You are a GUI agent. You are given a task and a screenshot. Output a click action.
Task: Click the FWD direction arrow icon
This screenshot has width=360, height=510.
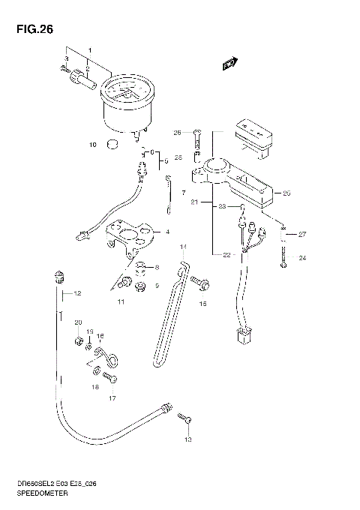pos(230,65)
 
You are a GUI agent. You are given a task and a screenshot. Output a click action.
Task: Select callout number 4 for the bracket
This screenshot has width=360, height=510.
pos(167,232)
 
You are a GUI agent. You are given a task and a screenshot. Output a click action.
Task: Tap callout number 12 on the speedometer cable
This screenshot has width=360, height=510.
pos(76,292)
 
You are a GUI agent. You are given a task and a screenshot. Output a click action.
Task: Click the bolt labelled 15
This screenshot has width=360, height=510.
pos(199,283)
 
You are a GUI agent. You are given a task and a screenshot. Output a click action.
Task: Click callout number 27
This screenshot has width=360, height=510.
pos(302,234)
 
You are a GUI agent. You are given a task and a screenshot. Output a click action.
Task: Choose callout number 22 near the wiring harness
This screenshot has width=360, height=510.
pos(226,255)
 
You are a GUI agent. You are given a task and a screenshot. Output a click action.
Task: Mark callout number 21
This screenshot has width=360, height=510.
pos(193,202)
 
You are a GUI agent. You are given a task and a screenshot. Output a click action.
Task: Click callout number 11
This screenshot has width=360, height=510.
pos(120,301)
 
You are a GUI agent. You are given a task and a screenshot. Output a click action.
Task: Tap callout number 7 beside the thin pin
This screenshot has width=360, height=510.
pos(182,193)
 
